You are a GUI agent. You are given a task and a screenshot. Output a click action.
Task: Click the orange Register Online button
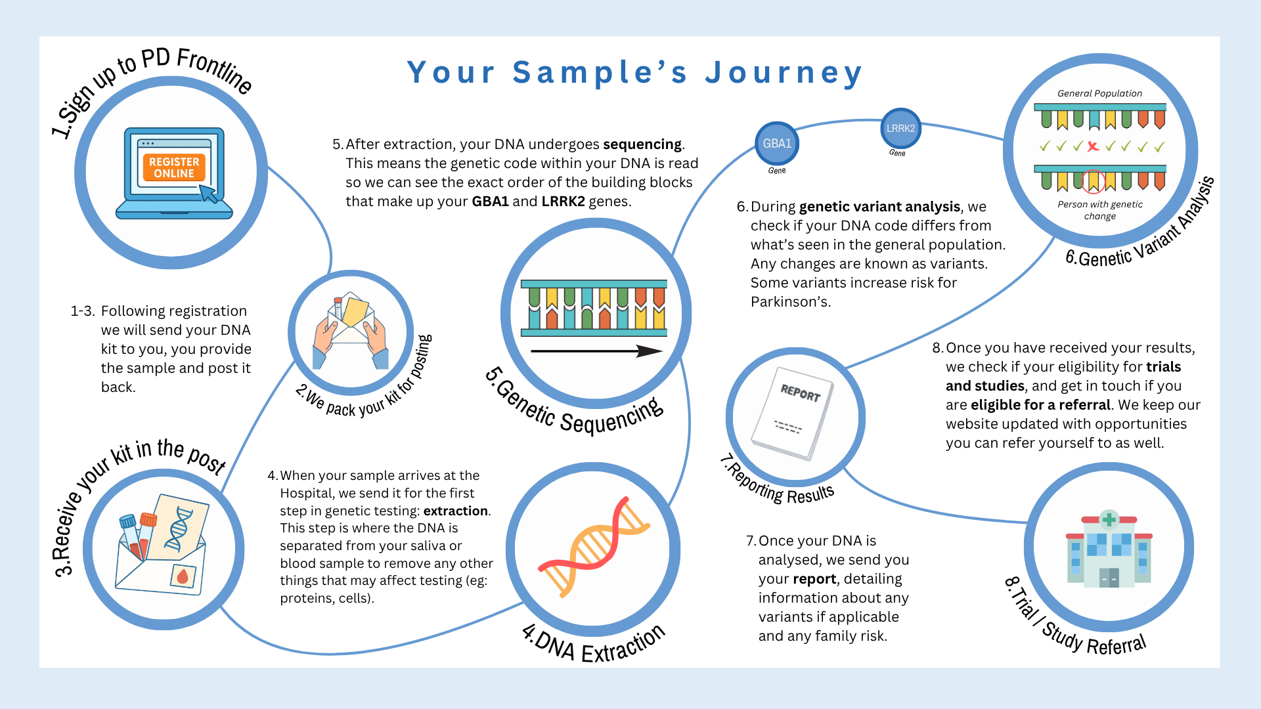tap(174, 167)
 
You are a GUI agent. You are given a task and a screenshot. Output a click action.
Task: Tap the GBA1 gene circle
tap(777, 143)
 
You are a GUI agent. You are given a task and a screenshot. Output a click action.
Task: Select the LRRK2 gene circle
tap(900, 129)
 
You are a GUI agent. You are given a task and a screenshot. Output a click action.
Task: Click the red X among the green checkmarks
tap(1093, 146)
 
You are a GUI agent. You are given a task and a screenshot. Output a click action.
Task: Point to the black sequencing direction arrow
tap(596, 351)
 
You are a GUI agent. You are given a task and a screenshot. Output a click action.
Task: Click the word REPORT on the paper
tap(801, 393)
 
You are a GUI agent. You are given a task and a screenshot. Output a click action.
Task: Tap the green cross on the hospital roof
tap(1109, 519)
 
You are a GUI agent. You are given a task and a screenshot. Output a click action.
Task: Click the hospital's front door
tap(1109, 578)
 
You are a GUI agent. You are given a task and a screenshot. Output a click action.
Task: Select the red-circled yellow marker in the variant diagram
tap(1094, 181)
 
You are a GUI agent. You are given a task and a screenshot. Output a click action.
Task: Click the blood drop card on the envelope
tap(183, 576)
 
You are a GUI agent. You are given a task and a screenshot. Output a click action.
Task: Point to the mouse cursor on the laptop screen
tap(208, 193)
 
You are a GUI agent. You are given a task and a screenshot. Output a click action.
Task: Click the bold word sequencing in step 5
tap(643, 144)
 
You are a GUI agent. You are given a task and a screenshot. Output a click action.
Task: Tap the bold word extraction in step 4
tap(456, 511)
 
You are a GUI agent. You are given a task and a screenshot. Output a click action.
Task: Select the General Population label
tap(1099, 93)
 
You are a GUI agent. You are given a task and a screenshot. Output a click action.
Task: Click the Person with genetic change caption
tap(1100, 210)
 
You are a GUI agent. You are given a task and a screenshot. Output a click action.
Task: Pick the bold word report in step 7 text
tap(814, 579)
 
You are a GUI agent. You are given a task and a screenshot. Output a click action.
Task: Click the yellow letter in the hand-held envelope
tap(355, 312)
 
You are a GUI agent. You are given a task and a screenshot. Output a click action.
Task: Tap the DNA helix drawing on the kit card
tap(178, 528)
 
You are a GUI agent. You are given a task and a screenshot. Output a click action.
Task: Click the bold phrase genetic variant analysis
tap(879, 207)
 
